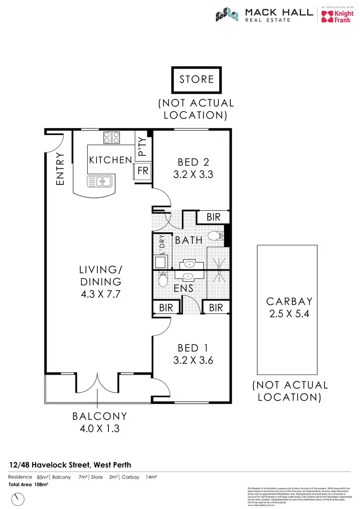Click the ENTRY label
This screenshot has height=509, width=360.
click(x=60, y=169)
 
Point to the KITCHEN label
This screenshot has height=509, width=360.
click(x=110, y=160)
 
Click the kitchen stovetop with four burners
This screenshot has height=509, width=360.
click(x=112, y=138)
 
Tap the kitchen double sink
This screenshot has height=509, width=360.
click(x=99, y=182)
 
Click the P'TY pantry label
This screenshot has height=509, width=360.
click(x=143, y=146)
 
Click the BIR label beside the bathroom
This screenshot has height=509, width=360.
click(x=214, y=218)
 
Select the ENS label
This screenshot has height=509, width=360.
click(x=184, y=289)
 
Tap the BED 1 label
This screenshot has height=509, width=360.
click(x=193, y=346)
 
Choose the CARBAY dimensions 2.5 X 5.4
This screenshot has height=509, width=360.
click(x=289, y=314)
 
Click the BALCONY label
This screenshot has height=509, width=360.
click(x=100, y=416)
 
